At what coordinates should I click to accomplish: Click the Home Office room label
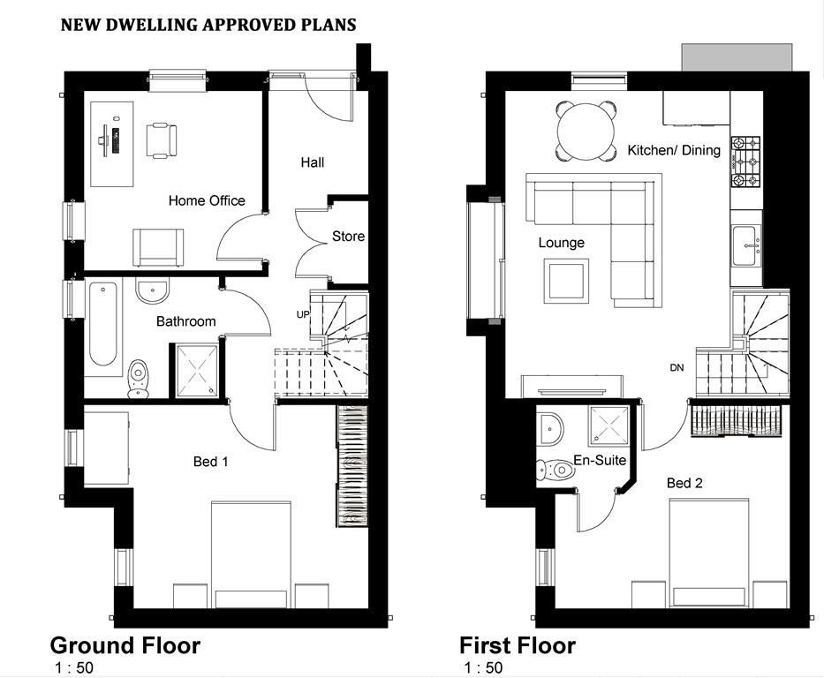(x=207, y=200)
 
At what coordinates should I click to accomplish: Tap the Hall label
(x=312, y=162)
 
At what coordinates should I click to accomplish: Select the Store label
(x=348, y=237)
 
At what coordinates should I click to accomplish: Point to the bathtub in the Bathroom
(x=103, y=324)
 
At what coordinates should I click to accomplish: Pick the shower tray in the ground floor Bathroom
(x=197, y=370)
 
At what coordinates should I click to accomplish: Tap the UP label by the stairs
(x=303, y=314)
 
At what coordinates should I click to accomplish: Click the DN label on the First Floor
(x=677, y=367)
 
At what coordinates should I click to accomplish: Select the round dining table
(x=586, y=132)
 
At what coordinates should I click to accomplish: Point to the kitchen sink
(x=746, y=246)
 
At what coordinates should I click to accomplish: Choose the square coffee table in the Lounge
(x=566, y=282)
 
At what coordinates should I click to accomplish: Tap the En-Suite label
(x=600, y=460)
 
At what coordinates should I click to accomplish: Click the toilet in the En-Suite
(x=556, y=469)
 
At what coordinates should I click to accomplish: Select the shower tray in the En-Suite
(x=609, y=426)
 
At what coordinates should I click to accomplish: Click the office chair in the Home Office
(x=161, y=139)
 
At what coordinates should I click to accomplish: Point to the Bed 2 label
(x=684, y=483)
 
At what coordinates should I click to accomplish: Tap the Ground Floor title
(x=125, y=645)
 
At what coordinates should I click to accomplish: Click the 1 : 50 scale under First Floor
(x=483, y=668)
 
